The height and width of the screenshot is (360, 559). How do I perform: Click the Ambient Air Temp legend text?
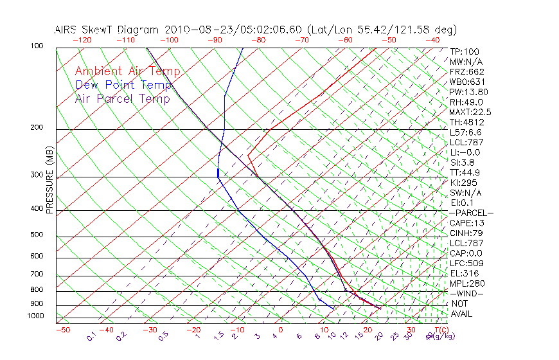click(127, 71)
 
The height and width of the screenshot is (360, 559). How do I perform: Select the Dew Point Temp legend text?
click(123, 85)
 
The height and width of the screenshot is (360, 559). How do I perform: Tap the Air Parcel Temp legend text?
click(122, 98)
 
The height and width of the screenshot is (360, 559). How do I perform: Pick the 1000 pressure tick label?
click(36, 316)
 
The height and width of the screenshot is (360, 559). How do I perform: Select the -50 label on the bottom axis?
click(62, 330)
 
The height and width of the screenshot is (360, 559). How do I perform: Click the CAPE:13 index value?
click(466, 222)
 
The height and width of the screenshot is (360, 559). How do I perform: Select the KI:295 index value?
click(463, 183)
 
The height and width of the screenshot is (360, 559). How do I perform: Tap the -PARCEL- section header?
click(471, 213)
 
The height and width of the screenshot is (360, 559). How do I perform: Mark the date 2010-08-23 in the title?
click(190, 30)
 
